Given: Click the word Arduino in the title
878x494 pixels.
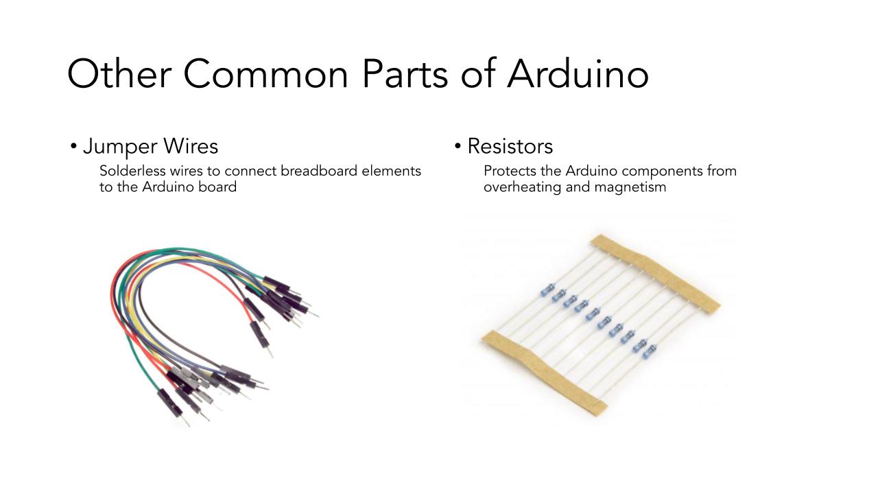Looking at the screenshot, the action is (x=578, y=73).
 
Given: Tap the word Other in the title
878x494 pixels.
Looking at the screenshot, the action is (x=119, y=73).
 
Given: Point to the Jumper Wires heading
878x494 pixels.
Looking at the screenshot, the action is (x=150, y=147).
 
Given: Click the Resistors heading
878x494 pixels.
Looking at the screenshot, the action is (x=510, y=146).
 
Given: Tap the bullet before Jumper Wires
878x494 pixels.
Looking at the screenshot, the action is (x=73, y=147).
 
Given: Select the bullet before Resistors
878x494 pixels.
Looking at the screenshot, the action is (x=458, y=147).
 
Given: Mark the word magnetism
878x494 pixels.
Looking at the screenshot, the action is (x=630, y=187).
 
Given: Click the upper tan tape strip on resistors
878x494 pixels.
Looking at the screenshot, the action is (x=654, y=274).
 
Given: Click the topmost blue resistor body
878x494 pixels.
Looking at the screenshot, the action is (x=548, y=290).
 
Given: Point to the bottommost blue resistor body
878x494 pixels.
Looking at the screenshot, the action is (x=650, y=352).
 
